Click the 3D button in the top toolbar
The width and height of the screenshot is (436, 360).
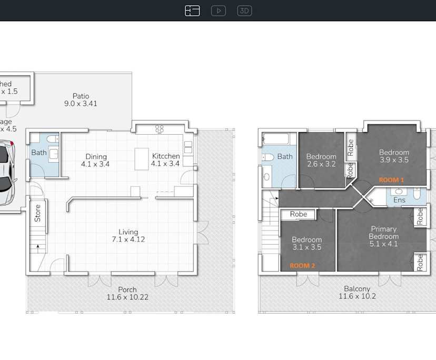tap(244, 11)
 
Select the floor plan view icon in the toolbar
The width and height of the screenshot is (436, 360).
tap(192, 11)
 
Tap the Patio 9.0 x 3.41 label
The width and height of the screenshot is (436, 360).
tap(81, 100)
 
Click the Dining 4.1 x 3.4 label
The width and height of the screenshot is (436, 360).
tap(96, 160)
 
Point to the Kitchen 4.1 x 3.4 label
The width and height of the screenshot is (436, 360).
tap(166, 160)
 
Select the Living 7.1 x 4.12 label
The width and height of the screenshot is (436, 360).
tap(128, 235)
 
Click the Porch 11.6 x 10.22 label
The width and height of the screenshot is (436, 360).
tap(127, 293)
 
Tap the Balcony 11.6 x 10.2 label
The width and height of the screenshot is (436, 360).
tap(356, 292)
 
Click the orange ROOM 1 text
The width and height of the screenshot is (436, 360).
tap(391, 180)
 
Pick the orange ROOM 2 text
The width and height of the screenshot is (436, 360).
tap(302, 266)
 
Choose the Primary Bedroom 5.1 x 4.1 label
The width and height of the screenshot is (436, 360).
tap(383, 236)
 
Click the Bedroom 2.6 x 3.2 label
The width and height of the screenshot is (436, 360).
tap(321, 160)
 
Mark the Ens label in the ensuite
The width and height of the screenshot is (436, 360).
tap(399, 200)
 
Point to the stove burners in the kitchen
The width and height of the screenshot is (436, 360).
tap(160, 128)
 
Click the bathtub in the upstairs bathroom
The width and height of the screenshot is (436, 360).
tap(275, 139)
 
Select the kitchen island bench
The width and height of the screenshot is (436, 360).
tap(141, 158)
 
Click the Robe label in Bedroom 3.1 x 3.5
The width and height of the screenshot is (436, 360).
tap(298, 214)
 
